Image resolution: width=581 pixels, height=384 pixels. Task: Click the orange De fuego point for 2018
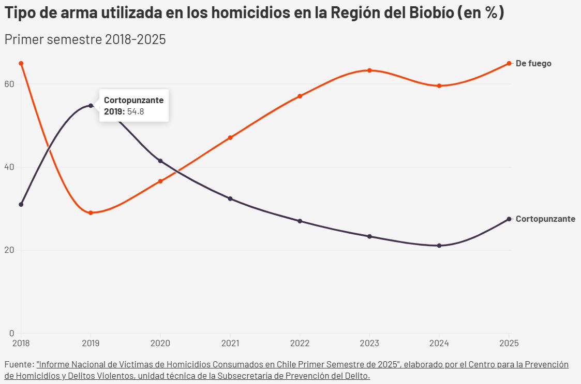pyautogui.click(x=21, y=63)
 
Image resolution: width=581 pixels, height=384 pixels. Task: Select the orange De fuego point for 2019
pyautogui.click(x=91, y=212)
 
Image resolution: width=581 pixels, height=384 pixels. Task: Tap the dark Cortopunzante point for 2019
pyautogui.click(x=91, y=105)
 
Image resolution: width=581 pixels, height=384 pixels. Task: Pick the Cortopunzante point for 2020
pyautogui.click(x=160, y=161)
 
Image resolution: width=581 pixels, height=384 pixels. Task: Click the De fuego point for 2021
pyautogui.click(x=230, y=137)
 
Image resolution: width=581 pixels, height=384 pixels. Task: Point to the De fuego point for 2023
pyautogui.click(x=369, y=70)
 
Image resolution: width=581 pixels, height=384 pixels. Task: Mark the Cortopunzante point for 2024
pyautogui.click(x=439, y=245)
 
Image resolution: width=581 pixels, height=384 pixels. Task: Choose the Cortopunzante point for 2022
pyautogui.click(x=300, y=221)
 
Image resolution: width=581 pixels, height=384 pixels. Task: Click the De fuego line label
pyautogui.click(x=533, y=63)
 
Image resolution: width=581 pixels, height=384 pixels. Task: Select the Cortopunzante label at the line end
pyautogui.click(x=545, y=219)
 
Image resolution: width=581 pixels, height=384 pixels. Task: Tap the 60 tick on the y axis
pyautogui.click(x=9, y=84)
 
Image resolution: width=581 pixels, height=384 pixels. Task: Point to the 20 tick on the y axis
pyautogui.click(x=9, y=250)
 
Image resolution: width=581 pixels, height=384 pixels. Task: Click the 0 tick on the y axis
pyautogui.click(x=11, y=333)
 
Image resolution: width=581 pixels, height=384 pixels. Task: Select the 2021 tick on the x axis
pyautogui.click(x=230, y=343)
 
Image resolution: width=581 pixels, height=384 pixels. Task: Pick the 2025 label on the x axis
pyautogui.click(x=510, y=343)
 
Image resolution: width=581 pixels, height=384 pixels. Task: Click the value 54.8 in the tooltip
pyautogui.click(x=136, y=111)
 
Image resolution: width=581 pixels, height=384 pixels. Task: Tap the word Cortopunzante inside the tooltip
pyautogui.click(x=133, y=100)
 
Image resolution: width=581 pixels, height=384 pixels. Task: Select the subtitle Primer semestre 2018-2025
pyautogui.click(x=85, y=39)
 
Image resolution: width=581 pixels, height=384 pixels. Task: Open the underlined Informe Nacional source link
pyautogui.click(x=217, y=365)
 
